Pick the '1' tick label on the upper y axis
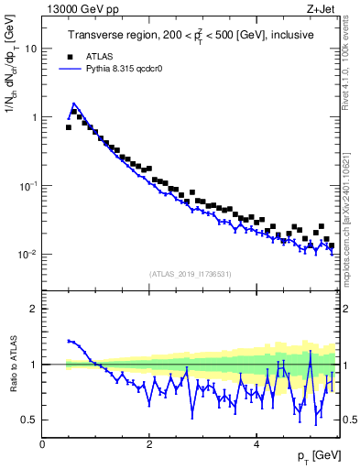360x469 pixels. click(x=35, y=117)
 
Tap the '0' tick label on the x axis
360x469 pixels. click(x=42, y=444)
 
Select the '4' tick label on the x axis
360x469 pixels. click(x=256, y=444)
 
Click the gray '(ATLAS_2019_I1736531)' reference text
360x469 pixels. click(x=191, y=273)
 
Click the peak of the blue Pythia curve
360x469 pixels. click(x=73, y=104)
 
